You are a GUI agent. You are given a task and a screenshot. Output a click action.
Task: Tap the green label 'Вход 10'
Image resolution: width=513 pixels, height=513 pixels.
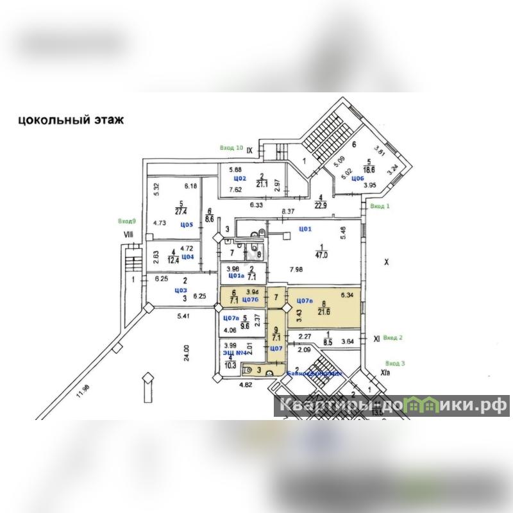[231, 148]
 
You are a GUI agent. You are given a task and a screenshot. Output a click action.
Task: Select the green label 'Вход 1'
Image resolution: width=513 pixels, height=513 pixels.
[380, 206]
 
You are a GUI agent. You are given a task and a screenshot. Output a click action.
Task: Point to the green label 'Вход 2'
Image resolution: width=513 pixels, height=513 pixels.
[391, 337]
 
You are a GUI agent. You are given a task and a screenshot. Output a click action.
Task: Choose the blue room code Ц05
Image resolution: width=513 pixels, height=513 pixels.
[187, 225]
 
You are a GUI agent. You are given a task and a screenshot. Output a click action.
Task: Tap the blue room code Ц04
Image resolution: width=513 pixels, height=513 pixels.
[187, 256]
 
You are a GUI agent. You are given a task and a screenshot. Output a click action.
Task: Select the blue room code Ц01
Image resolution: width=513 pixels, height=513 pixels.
[305, 228]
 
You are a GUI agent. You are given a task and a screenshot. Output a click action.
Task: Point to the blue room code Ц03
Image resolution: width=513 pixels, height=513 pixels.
[181, 289]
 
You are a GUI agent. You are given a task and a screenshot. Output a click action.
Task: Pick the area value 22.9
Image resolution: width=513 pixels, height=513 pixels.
[320, 205]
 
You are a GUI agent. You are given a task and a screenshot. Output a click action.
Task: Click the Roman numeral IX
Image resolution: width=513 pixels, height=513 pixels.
[251, 151]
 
